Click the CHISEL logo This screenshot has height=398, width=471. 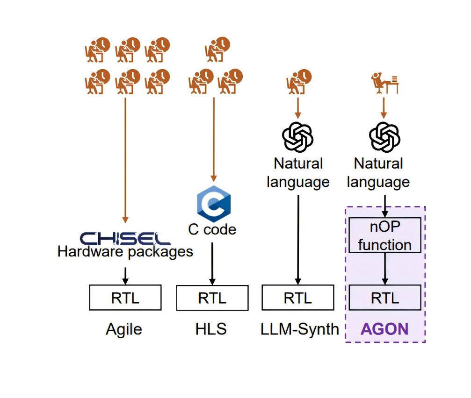point(125,238)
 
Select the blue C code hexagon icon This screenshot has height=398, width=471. point(213,204)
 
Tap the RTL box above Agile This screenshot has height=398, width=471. point(125,298)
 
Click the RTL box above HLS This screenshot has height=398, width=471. point(212,298)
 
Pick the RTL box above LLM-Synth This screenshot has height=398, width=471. point(298,298)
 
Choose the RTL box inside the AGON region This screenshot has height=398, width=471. point(385,298)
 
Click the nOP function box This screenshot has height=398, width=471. point(385,235)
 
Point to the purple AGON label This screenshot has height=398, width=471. point(384,329)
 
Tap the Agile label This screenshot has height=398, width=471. point(124,329)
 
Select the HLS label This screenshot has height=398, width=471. point(211,329)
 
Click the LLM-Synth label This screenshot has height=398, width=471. point(299,329)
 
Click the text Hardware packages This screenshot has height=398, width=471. point(125,252)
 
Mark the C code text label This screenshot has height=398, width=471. point(212,229)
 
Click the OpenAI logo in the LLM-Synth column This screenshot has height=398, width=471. point(298,136)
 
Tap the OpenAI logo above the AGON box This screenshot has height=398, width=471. point(385,136)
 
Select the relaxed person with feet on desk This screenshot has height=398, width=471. point(384,84)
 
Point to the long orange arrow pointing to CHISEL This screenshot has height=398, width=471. point(125,159)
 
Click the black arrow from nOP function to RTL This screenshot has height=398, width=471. point(385,269)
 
